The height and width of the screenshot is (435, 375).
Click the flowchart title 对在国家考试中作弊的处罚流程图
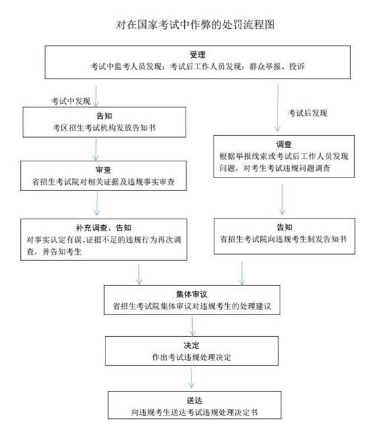(195, 25)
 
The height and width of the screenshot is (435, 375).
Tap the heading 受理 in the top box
(198, 54)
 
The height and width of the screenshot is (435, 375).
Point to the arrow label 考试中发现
(71, 101)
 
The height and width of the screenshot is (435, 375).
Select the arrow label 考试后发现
(308, 113)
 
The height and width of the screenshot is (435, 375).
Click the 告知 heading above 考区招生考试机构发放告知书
(104, 116)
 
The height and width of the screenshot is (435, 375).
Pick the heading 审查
(103, 170)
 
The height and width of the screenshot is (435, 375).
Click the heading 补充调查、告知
(103, 228)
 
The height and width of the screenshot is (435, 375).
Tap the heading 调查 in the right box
(284, 145)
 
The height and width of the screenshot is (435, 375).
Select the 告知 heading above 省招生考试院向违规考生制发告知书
(284, 227)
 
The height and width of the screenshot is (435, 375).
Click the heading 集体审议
(192, 294)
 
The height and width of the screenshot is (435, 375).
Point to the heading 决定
(192, 346)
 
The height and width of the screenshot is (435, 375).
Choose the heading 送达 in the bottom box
(194, 401)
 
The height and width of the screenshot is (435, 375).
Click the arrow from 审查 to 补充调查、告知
(97, 203)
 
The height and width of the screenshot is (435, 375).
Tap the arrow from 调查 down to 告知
(282, 200)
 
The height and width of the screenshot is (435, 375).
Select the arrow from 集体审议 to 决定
(192, 325)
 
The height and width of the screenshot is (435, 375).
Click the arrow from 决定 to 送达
(191, 378)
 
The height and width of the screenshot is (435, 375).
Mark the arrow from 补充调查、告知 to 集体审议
(139, 274)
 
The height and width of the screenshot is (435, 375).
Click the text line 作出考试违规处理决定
(192, 357)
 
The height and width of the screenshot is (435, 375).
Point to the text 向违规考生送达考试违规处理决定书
(194, 412)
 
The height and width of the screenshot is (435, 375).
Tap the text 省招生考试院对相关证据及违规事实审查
(103, 182)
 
